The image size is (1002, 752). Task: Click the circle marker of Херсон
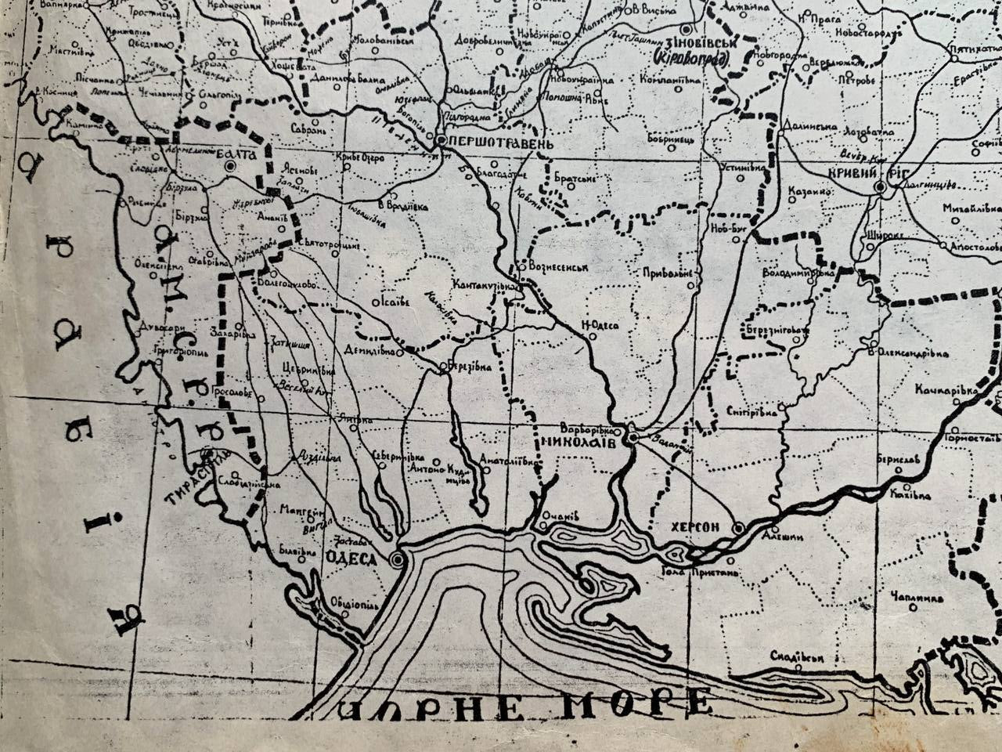738,529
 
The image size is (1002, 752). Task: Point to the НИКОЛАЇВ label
577,442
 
